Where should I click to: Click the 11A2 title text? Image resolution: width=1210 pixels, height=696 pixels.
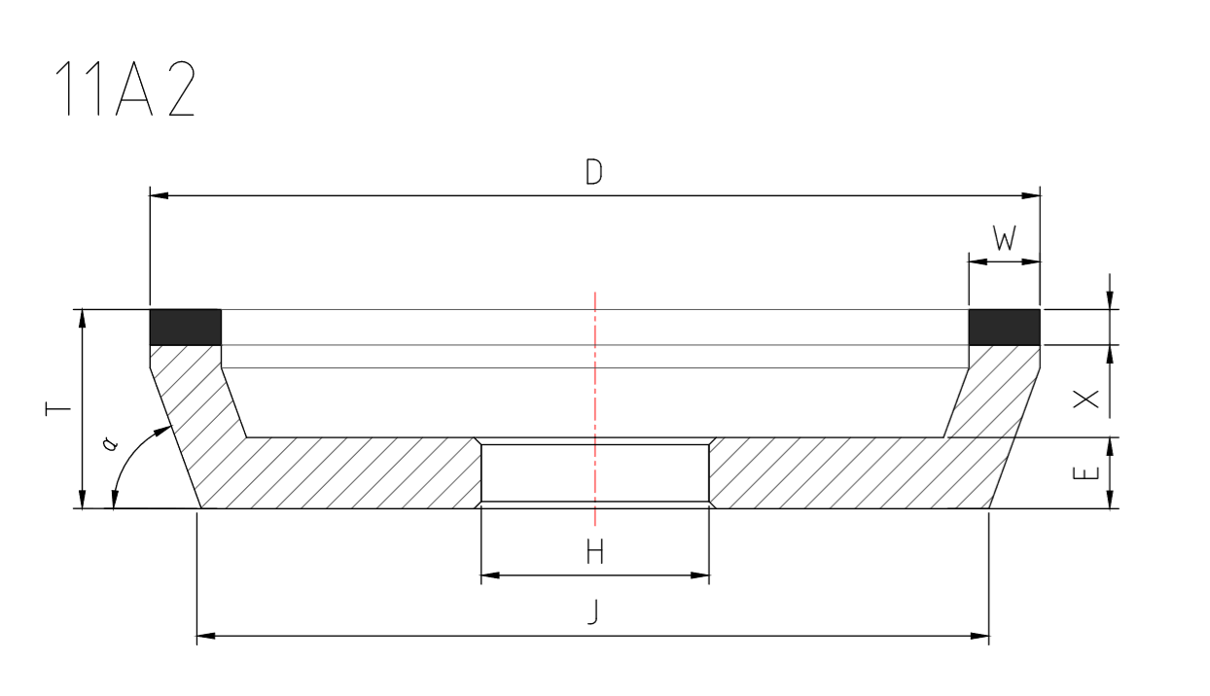coord(125,90)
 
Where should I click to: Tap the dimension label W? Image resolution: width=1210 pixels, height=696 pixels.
coord(1004,238)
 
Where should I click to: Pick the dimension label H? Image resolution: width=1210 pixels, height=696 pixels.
coord(595,553)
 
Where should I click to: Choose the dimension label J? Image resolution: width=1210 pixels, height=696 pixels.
coord(594,612)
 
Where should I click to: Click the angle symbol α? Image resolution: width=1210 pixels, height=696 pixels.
coord(110,443)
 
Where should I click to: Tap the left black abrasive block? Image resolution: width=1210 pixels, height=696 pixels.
coord(185,328)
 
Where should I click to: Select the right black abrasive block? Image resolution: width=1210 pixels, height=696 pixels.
coord(1004,328)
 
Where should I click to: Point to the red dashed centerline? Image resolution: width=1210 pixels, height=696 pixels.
coord(595,389)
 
